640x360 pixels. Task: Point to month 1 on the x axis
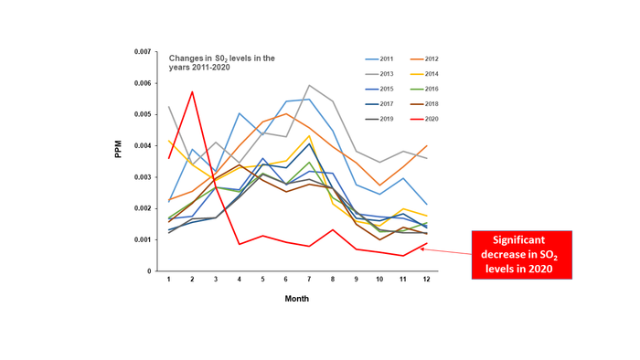pos(169,279)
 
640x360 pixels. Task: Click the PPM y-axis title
pos(118,148)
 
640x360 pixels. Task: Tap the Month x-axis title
pos(295,298)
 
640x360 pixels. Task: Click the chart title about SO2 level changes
pos(221,63)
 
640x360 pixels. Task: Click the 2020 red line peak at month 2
pos(192,91)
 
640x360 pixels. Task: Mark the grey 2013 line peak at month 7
pos(310,85)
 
